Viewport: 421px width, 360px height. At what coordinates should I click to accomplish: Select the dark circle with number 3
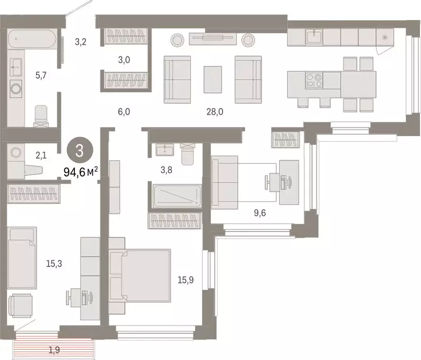80,151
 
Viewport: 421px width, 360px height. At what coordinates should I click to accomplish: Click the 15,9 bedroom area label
186,280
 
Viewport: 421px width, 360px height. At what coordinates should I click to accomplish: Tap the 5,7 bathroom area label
40,74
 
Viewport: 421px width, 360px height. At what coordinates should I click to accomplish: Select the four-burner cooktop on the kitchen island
314,81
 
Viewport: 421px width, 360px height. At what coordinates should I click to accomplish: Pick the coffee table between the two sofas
213,78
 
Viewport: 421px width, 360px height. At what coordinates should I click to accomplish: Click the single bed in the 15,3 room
23,258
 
